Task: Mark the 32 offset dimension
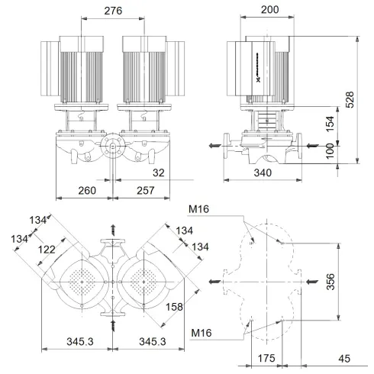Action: (x=157, y=173)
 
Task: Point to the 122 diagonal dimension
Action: (x=48, y=250)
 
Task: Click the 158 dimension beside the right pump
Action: (x=196, y=308)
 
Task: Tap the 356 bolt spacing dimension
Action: (x=350, y=282)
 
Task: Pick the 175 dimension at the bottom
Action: (x=265, y=358)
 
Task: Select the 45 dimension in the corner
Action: (x=344, y=358)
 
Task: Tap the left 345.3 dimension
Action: (x=79, y=342)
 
